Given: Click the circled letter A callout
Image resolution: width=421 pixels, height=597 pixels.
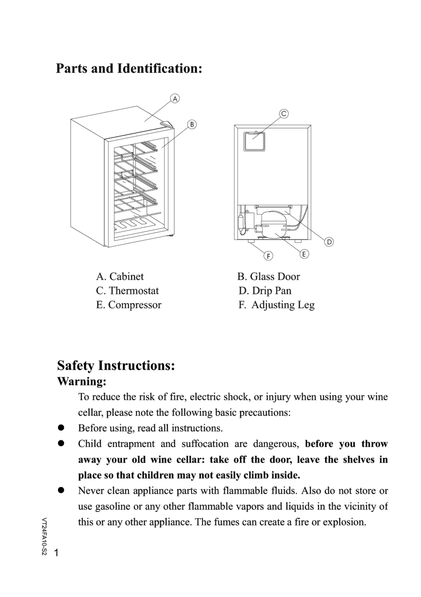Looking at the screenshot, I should [175, 99].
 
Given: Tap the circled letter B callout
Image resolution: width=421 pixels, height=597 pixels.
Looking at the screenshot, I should [192, 124].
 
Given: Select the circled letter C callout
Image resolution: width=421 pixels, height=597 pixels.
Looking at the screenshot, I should [284, 114].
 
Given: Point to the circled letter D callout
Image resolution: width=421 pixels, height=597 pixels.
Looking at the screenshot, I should [329, 242].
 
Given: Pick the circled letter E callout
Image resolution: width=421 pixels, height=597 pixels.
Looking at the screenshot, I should [304, 254].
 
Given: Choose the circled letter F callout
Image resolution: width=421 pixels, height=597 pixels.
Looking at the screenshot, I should [268, 256].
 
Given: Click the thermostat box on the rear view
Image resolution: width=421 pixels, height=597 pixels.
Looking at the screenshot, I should [254, 142].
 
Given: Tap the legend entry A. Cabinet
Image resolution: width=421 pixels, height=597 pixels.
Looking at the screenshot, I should [120, 276].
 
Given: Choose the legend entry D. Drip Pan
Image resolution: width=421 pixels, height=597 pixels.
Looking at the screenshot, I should [265, 291].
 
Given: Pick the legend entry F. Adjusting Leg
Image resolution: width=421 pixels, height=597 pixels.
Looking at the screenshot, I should [276, 305].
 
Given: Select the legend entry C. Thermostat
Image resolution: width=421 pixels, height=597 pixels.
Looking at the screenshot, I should [127, 291].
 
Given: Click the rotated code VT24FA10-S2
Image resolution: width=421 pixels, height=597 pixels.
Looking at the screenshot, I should [44, 537].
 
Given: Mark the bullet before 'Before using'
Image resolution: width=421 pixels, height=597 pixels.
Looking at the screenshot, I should [61, 428].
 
